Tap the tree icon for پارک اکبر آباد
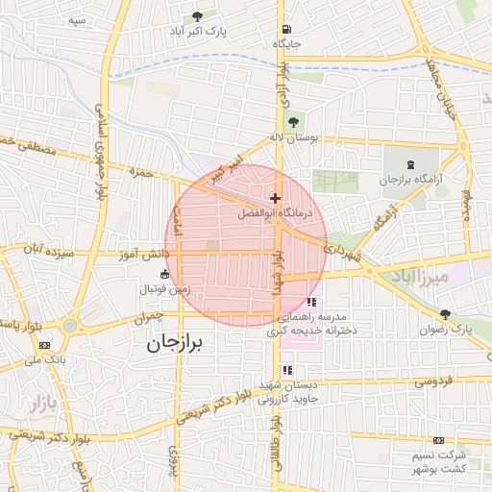[198, 16]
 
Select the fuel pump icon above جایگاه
[285, 30]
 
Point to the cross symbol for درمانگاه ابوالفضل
[275, 197]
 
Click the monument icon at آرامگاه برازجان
[412, 164]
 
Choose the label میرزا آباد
[421, 278]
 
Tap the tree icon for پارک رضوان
[445, 313]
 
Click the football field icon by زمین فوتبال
[165, 276]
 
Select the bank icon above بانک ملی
[45, 344]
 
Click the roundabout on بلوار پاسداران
[69, 326]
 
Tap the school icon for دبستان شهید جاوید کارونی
[287, 368]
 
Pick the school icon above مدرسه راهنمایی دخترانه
[310, 302]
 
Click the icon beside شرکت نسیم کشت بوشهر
[439, 440]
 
